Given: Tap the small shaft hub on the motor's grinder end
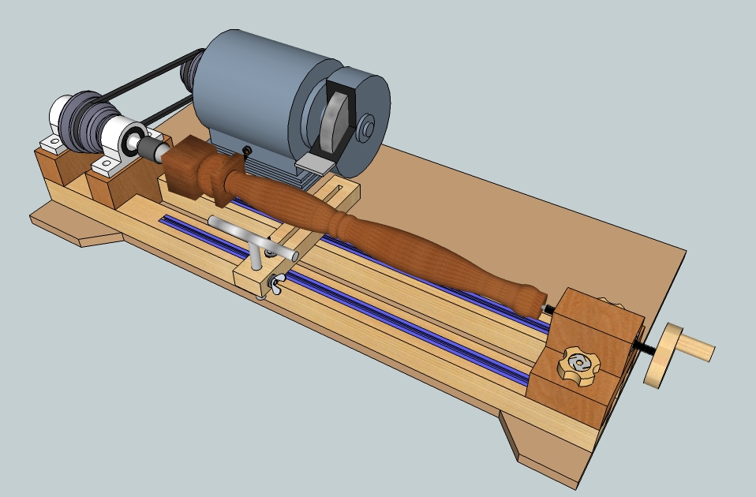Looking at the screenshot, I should coord(367,127).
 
